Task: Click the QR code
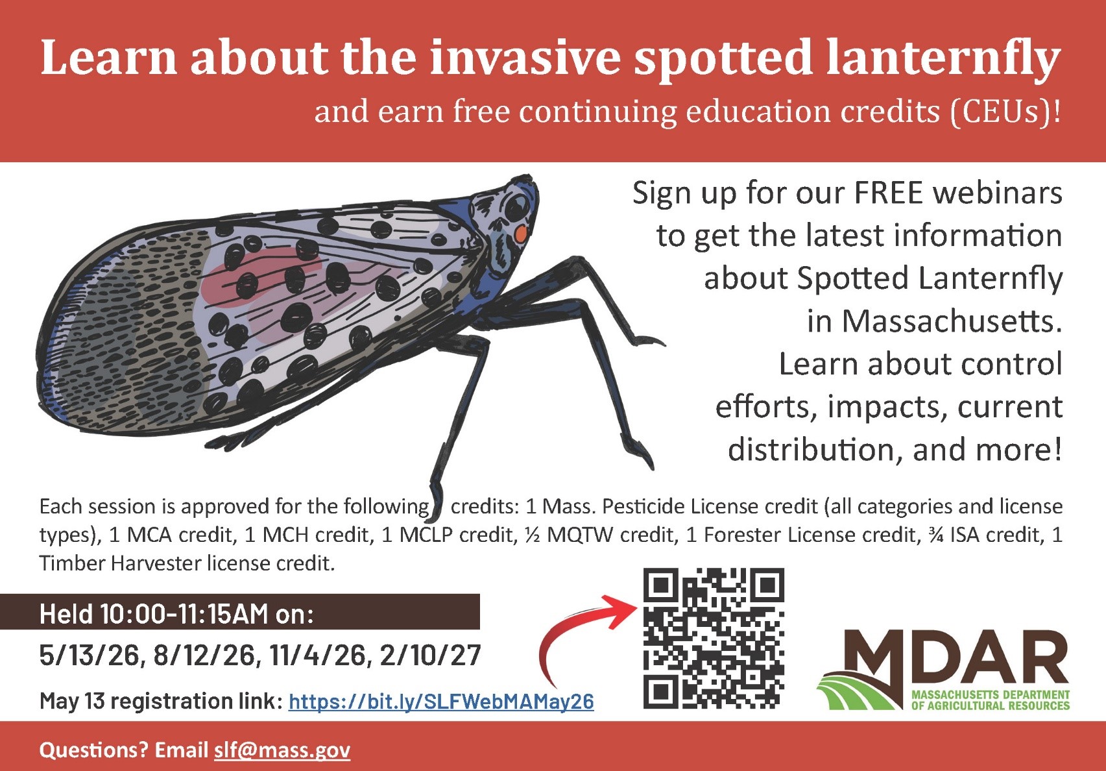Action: pyautogui.click(x=714, y=638)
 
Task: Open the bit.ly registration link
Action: pyautogui.click(x=441, y=701)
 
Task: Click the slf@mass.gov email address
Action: pyautogui.click(x=282, y=750)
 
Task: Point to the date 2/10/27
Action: pyautogui.click(x=430, y=655)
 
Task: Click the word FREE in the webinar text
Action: pyautogui.click(x=888, y=193)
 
